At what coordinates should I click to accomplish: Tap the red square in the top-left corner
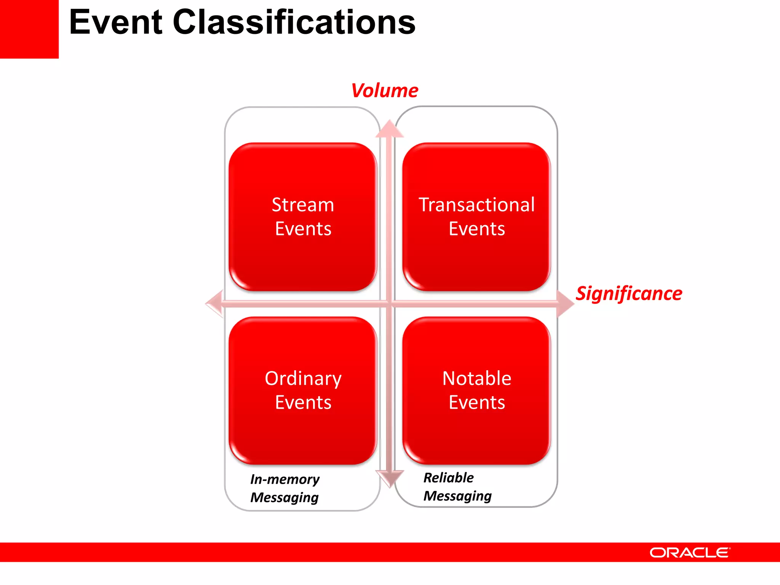click(29, 29)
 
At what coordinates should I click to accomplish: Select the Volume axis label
click(385, 91)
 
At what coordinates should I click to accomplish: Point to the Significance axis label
click(629, 294)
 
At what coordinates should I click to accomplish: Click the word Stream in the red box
click(303, 205)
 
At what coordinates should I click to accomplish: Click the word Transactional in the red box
click(476, 205)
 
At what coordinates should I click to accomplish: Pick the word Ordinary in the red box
click(303, 379)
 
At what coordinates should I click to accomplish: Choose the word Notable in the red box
click(477, 379)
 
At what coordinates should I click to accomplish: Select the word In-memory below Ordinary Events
click(285, 479)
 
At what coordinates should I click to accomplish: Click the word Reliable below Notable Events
click(449, 478)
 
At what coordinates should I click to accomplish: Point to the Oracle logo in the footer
click(690, 552)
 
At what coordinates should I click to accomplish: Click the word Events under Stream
click(303, 229)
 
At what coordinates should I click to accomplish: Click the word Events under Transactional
click(477, 229)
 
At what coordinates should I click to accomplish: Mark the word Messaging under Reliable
click(457, 496)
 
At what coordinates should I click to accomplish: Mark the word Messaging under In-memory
click(285, 497)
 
